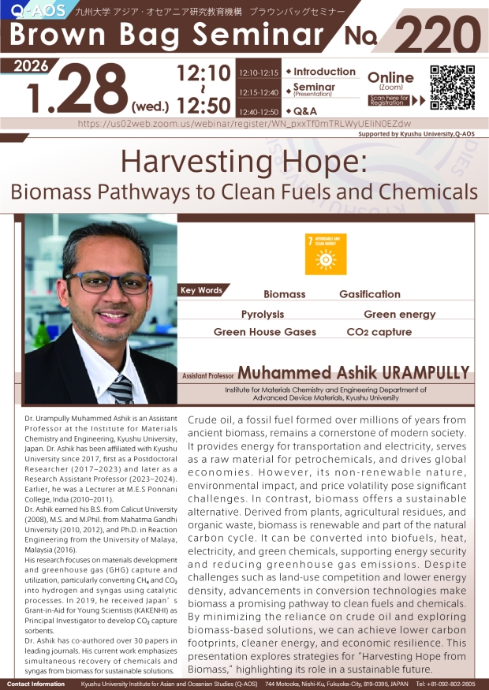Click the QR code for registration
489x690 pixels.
pyautogui.click(x=452, y=86)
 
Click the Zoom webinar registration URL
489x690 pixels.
pyautogui.click(x=245, y=124)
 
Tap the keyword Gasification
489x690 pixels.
pyautogui.click(x=369, y=294)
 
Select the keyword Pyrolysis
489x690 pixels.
pyautogui.click(x=263, y=314)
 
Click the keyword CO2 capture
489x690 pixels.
pyautogui.click(x=379, y=333)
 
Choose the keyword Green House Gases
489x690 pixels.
pyautogui.click(x=265, y=333)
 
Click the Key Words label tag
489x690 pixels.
pyautogui.click(x=202, y=290)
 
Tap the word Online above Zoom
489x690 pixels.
pyautogui.click(x=391, y=77)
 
